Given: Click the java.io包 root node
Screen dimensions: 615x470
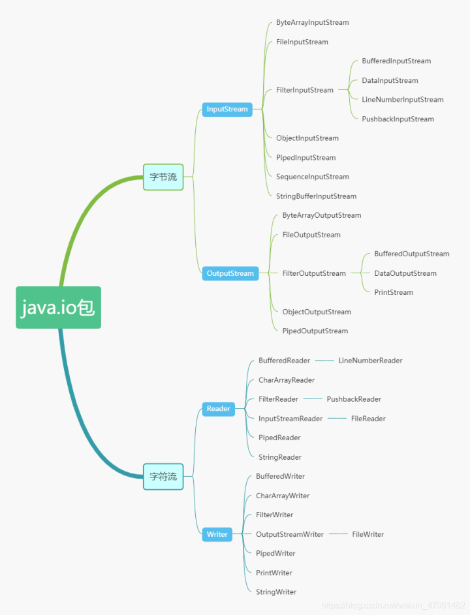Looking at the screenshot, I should (x=58, y=307).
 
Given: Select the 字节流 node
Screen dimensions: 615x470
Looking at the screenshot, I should (x=163, y=177).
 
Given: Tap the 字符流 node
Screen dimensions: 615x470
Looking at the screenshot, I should (x=163, y=476).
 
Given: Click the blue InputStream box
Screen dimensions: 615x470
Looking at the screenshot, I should (x=227, y=109).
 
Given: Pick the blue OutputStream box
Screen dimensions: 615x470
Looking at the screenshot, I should (x=230, y=273).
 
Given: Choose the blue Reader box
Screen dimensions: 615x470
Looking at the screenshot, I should (x=218, y=409).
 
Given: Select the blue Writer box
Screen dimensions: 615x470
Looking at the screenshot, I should (x=217, y=534).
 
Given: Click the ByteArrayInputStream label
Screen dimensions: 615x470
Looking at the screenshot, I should (x=312, y=22).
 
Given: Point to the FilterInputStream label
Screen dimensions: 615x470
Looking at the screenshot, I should (x=304, y=90).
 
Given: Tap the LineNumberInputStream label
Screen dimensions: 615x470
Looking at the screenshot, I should (x=402, y=100).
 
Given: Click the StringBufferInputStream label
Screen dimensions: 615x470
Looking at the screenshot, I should (x=316, y=196).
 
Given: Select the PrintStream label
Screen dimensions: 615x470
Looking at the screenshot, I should (x=394, y=292).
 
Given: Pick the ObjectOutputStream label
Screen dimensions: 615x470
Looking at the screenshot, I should (x=317, y=312).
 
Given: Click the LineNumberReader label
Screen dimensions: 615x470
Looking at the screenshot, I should (x=370, y=361).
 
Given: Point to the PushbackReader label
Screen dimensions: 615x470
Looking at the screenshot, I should (x=354, y=399).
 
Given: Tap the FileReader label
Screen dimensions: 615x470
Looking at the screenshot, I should (x=368, y=419).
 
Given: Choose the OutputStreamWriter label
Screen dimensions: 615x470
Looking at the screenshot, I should (x=290, y=534).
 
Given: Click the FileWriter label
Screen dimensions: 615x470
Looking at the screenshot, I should (x=368, y=534).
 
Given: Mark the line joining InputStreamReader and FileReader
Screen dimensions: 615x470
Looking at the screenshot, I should (x=337, y=419).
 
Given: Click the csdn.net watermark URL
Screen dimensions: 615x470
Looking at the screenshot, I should (x=394, y=606).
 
